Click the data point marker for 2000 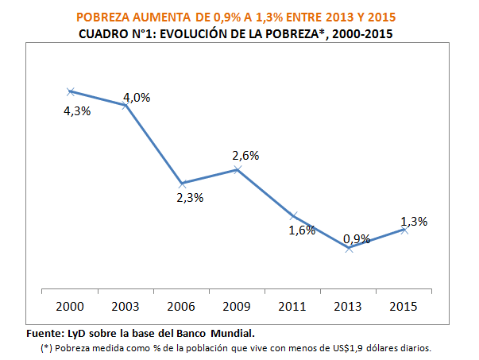[x=71, y=91]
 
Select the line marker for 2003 [x=126, y=105]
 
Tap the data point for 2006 [x=182, y=184]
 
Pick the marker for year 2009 [x=238, y=169]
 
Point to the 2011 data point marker [x=293, y=215]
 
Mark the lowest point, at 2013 [x=349, y=249]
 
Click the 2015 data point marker [x=404, y=230]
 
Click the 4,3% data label [x=77, y=111]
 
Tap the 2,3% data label [x=191, y=198]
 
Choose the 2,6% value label [x=245, y=156]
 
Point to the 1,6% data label [x=302, y=230]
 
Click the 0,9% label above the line [x=357, y=237]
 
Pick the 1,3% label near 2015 [x=415, y=222]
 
